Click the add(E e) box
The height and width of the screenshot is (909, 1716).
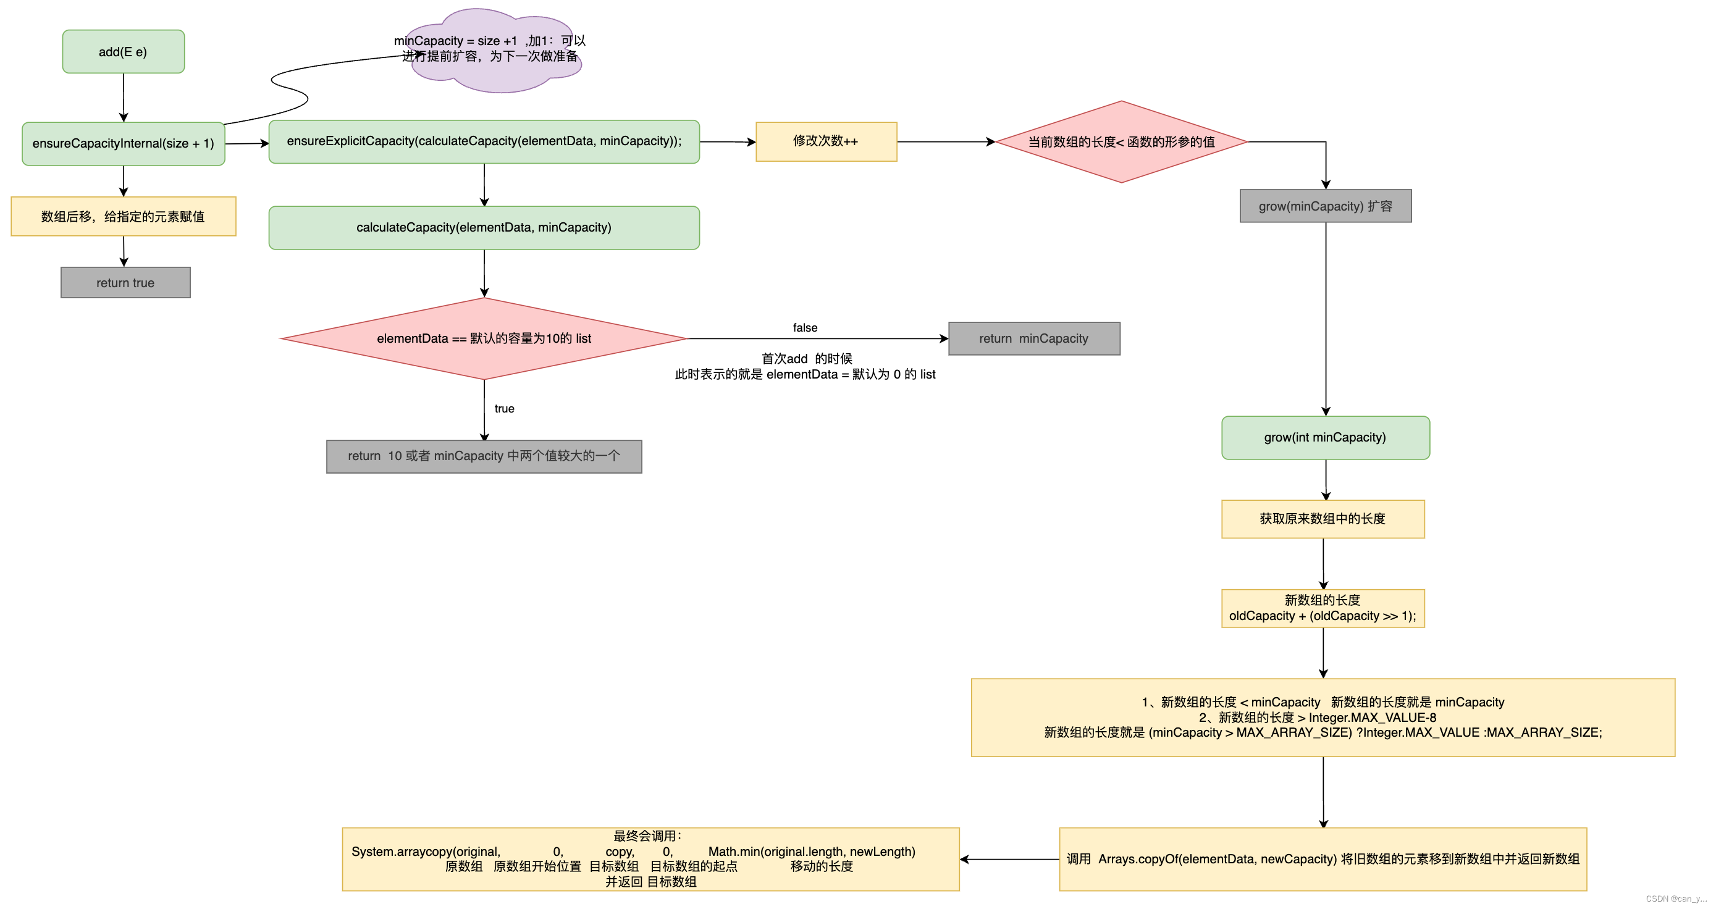click(124, 51)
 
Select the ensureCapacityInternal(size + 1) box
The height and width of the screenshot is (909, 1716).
click(124, 143)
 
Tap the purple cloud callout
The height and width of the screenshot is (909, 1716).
click(493, 51)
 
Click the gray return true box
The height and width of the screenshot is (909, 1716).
click(125, 282)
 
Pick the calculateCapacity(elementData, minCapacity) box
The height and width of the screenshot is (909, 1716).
click(484, 228)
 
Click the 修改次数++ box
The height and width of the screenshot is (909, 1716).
click(826, 141)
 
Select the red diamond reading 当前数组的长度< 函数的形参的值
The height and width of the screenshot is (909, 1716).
click(1121, 142)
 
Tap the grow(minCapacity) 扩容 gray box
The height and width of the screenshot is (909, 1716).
click(1326, 206)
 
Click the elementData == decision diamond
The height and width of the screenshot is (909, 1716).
click(484, 338)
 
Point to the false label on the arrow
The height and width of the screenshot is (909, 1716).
click(805, 328)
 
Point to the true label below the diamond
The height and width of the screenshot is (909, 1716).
click(504, 408)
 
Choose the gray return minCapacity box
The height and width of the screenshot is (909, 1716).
click(1034, 338)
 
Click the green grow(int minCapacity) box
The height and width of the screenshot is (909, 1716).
click(1326, 438)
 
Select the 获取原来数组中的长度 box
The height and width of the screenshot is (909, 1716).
click(1323, 519)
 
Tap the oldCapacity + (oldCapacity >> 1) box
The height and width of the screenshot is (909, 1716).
click(1323, 608)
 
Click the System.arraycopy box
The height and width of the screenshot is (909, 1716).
click(651, 859)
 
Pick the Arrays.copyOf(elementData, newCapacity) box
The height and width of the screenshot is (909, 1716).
click(1323, 859)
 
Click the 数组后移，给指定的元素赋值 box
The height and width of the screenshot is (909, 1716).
click(124, 216)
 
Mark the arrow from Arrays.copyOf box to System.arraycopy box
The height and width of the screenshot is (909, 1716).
click(1010, 859)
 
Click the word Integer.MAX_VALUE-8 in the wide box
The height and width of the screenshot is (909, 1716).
click(1373, 717)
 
